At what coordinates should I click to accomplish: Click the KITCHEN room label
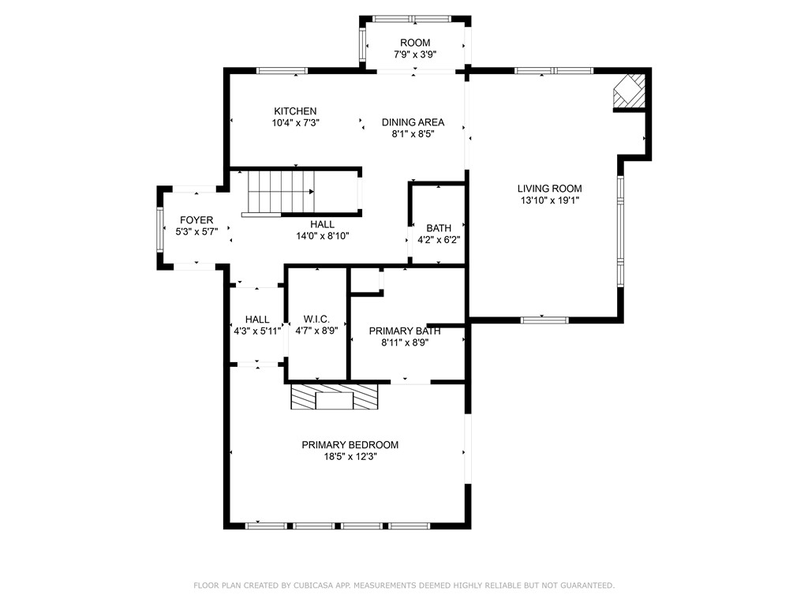tap(295, 111)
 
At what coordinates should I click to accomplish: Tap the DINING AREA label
tap(413, 122)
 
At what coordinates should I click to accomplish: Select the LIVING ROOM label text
tap(549, 189)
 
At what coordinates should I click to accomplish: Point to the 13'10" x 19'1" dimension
tap(549, 200)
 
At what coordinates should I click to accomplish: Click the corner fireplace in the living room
tap(630, 91)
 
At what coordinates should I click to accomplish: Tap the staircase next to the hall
tap(281, 193)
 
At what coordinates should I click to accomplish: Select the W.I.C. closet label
tap(316, 320)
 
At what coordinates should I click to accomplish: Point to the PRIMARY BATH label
tap(404, 331)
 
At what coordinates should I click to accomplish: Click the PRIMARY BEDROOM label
tap(350, 445)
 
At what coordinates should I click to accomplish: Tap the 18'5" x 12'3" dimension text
tap(350, 457)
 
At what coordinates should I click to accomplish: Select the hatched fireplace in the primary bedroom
tap(334, 397)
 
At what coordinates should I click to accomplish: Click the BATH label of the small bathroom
tap(439, 228)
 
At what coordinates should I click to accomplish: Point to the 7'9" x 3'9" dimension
tap(415, 54)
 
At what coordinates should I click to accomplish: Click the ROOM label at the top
tap(415, 43)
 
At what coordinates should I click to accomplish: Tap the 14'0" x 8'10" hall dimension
tap(322, 236)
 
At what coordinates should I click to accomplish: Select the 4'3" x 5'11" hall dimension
tap(257, 331)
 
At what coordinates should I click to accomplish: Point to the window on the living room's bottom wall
tap(544, 320)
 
